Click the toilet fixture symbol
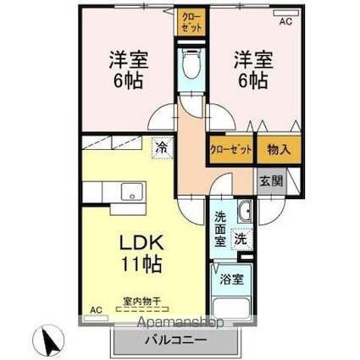point(190,68)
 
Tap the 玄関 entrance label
point(271,180)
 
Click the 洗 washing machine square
point(243,240)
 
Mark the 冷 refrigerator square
point(161,148)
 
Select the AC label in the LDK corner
point(95,310)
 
